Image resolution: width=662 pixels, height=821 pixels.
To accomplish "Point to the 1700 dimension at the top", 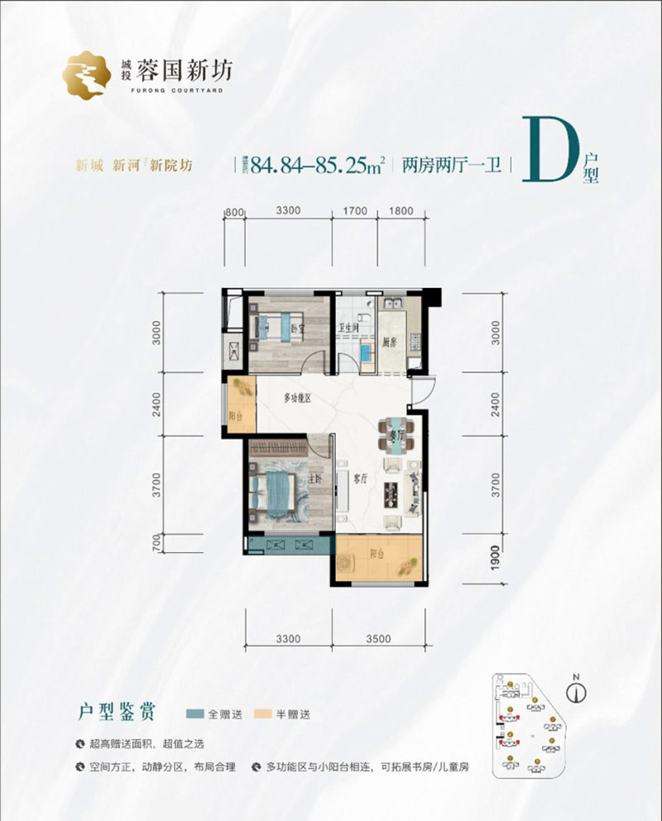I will (x=354, y=211).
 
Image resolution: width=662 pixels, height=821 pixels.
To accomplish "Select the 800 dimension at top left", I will (x=234, y=211).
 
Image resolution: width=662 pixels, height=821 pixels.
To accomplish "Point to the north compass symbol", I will (x=579, y=688).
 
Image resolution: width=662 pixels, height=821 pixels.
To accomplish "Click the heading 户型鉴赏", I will (x=115, y=711).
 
